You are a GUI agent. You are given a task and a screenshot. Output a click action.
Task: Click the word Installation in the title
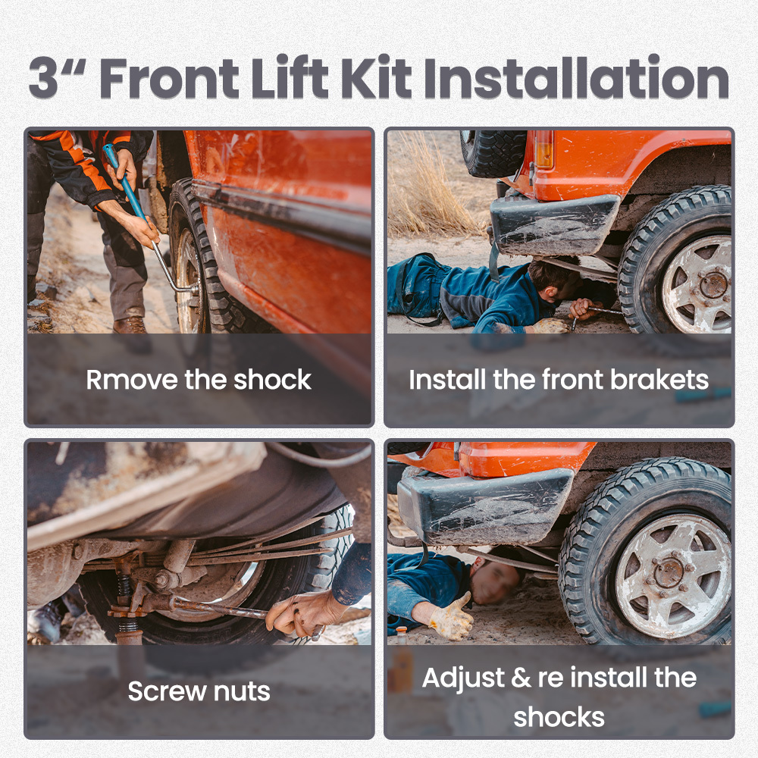[576, 77]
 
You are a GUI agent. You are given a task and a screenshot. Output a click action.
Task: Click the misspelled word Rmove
[132, 380]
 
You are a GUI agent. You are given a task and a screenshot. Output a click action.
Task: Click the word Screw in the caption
[166, 691]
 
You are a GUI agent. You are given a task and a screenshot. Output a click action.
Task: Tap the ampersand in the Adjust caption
[521, 677]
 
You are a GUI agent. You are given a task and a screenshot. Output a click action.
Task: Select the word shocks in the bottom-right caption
[559, 717]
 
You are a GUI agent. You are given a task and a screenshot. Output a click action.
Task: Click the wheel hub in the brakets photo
[713, 285]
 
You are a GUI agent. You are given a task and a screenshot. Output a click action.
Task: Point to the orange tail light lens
[544, 150]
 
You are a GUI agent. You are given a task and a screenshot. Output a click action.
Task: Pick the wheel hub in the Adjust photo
[669, 572]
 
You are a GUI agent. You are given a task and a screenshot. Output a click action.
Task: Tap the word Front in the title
[169, 77]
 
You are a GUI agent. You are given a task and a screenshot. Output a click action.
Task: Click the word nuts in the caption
[242, 691]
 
